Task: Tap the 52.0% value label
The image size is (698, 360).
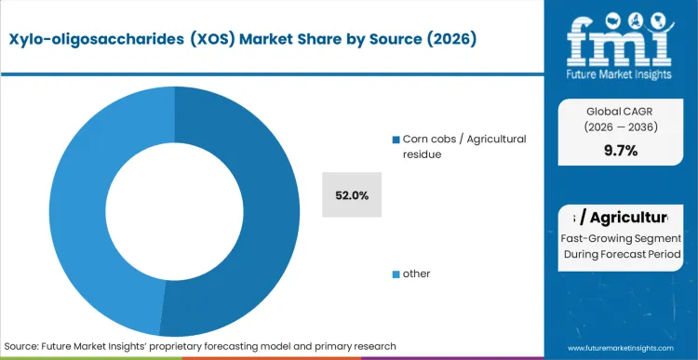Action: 352,195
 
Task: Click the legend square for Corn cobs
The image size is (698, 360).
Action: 396,140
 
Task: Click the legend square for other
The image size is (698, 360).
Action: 396,274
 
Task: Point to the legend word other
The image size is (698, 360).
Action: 417,274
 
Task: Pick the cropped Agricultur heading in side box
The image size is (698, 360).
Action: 620,218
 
